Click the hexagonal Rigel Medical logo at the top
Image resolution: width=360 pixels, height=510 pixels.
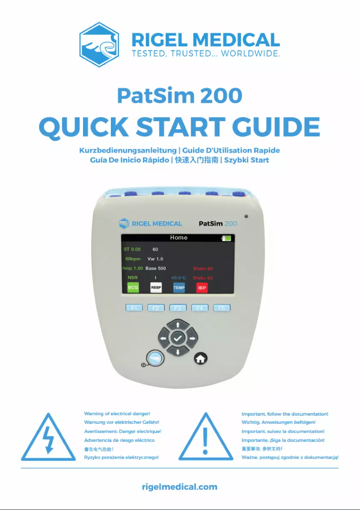coord(99,45)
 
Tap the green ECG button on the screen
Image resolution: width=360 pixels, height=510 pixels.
coord(133,287)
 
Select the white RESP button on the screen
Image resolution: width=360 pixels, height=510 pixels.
coord(156,287)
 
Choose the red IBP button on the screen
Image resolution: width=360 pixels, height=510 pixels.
coord(202,287)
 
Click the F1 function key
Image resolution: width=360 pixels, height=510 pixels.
coord(134,308)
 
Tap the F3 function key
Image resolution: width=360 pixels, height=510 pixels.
coord(178,308)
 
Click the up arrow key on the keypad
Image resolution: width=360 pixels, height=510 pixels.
coord(178,325)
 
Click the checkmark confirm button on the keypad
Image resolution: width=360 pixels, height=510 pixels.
coord(178,338)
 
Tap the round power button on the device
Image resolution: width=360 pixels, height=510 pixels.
coord(155,358)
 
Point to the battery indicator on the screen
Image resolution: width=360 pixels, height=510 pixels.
coord(226,238)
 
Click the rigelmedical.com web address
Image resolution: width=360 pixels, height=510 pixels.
coord(180,487)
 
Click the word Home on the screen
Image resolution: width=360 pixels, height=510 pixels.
coord(179,237)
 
